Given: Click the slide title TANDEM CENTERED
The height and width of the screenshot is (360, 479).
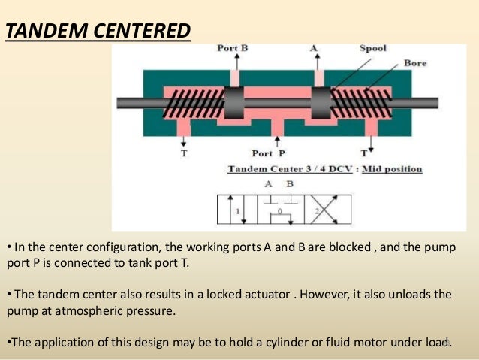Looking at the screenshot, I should pyautogui.click(x=98, y=32).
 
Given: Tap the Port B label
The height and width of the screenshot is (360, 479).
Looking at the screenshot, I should pyautogui.click(x=233, y=49).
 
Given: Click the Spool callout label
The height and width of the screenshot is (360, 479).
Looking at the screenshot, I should pyautogui.click(x=372, y=49).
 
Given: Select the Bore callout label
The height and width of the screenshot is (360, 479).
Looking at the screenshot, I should pyautogui.click(x=415, y=63).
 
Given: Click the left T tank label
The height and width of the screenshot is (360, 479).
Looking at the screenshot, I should pyautogui.click(x=184, y=153).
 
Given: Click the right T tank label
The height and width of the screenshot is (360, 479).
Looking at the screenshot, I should pyautogui.click(x=365, y=153).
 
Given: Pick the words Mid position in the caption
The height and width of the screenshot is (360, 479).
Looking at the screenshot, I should pyautogui.click(x=392, y=169).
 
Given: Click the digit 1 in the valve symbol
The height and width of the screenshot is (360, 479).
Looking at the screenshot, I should pyautogui.click(x=238, y=211).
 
